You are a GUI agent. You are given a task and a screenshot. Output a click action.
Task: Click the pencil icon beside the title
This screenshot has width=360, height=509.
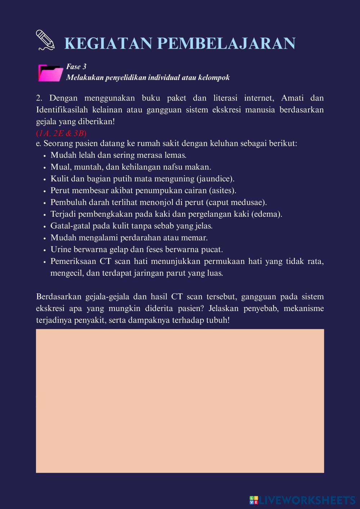[x=45, y=40]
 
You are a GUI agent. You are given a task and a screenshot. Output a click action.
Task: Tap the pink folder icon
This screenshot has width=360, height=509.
[x=50, y=73]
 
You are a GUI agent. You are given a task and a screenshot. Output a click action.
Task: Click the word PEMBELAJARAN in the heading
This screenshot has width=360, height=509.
[x=226, y=44]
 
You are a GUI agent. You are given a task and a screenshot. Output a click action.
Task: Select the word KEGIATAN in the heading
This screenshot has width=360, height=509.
[x=108, y=44]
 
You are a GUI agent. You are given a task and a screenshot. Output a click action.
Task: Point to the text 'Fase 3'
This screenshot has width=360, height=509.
[x=76, y=67]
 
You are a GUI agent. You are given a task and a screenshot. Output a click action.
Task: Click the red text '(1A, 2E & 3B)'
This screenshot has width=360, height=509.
[x=61, y=133]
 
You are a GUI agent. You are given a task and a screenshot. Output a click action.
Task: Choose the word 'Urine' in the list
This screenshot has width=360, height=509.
[x=61, y=249]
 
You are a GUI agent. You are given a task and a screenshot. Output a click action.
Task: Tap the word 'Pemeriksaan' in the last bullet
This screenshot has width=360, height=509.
[x=73, y=261]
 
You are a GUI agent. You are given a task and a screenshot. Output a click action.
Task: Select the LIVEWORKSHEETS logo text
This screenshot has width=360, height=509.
[x=307, y=500]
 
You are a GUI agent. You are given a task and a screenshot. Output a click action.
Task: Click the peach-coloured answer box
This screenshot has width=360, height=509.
[x=180, y=401]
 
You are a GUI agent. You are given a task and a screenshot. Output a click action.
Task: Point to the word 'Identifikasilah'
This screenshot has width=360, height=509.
[x=62, y=110]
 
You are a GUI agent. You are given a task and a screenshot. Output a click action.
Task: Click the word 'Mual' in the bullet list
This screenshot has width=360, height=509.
[x=59, y=167]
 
